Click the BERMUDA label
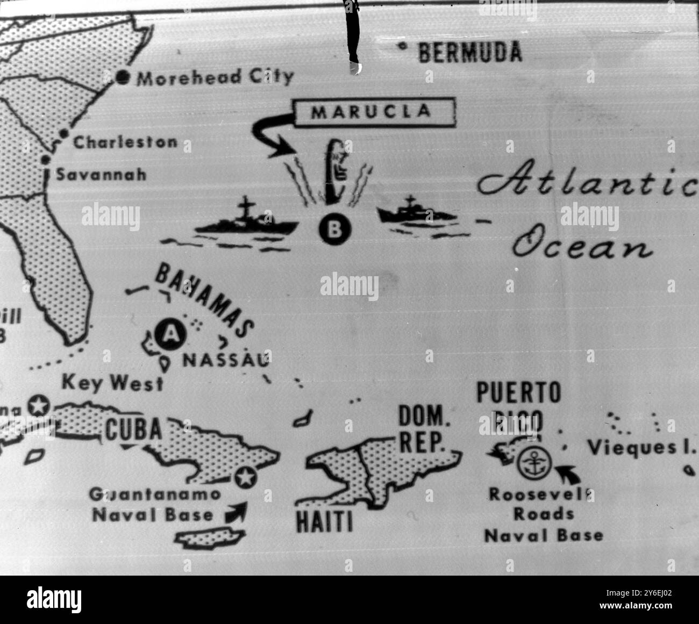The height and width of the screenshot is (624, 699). (469, 52)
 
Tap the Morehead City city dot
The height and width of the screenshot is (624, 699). (123, 78)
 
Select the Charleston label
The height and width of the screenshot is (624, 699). (125, 142)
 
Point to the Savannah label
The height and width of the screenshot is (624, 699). (102, 175)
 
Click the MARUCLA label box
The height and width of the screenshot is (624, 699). (371, 112)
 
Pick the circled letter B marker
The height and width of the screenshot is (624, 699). (334, 229)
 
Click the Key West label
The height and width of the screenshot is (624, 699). (112, 383)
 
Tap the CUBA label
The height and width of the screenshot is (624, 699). (133, 429)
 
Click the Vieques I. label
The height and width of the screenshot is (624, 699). (640, 447)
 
